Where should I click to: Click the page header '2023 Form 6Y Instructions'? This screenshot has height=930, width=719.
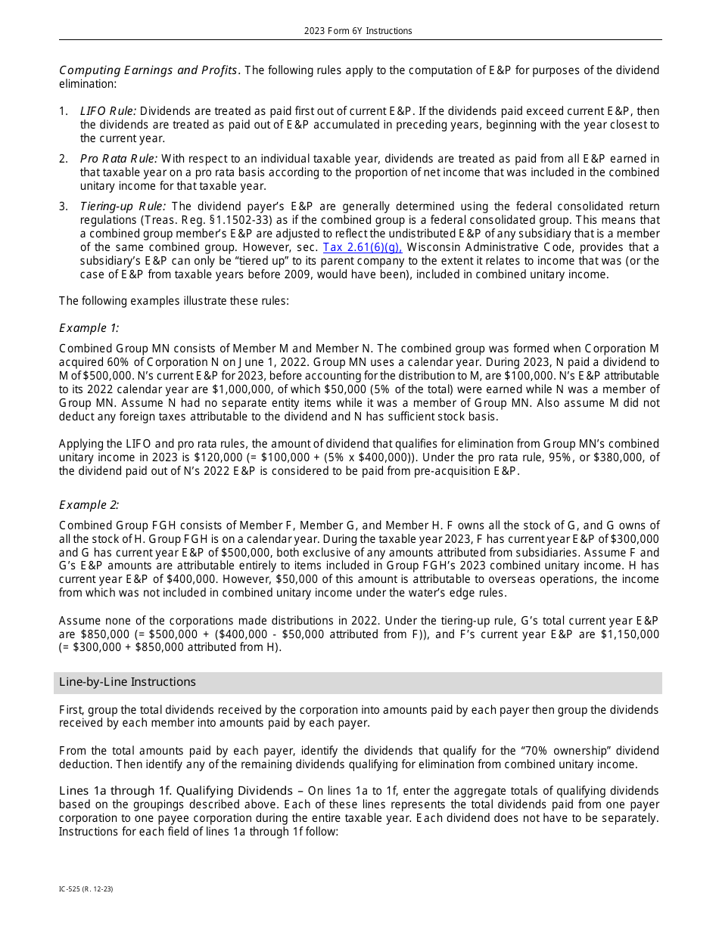tap(358, 31)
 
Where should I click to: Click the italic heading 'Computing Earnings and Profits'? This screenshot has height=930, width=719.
tap(149, 70)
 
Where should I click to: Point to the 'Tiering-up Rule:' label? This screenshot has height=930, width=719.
tap(123, 206)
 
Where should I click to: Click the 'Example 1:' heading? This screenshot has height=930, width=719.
tap(89, 327)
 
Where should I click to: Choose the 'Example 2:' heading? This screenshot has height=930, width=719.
tap(89, 505)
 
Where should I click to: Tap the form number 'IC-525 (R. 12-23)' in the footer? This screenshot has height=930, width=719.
tap(86, 889)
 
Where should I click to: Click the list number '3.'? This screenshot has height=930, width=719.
tap(64, 206)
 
